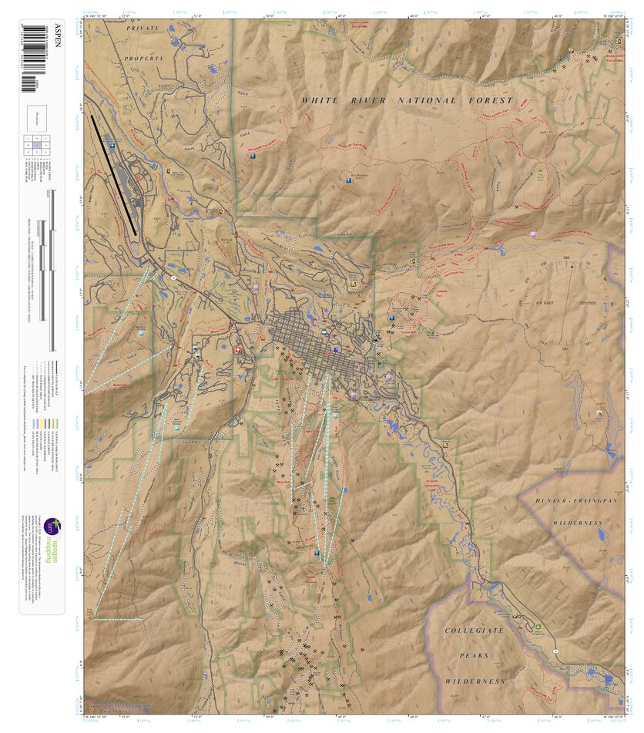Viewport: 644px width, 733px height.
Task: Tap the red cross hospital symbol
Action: (237, 350)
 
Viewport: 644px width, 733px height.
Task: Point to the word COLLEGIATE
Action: (473, 630)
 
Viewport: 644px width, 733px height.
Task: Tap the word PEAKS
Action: (475, 655)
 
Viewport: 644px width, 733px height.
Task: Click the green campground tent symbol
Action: (538, 626)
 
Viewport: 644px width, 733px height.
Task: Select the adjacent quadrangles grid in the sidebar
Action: (37, 144)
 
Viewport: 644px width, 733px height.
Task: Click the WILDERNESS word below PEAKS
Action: (475, 681)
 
